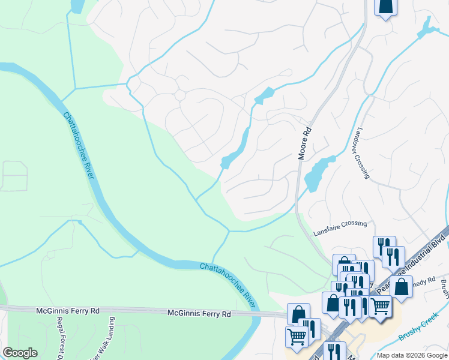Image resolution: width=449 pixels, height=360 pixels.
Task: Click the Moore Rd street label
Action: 306,143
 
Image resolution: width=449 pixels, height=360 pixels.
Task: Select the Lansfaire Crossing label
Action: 340,224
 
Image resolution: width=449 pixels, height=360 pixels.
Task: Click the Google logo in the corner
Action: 20,353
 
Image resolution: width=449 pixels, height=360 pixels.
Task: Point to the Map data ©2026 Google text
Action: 412,355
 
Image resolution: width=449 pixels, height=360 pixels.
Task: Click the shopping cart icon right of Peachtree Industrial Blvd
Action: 380,305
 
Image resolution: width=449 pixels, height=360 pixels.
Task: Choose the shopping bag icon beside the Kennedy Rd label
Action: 401,286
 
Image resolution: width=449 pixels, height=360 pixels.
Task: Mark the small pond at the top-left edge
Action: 77,6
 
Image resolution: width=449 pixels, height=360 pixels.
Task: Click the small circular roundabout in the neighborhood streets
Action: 179,95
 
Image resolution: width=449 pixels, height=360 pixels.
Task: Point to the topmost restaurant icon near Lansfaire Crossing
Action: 384,245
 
